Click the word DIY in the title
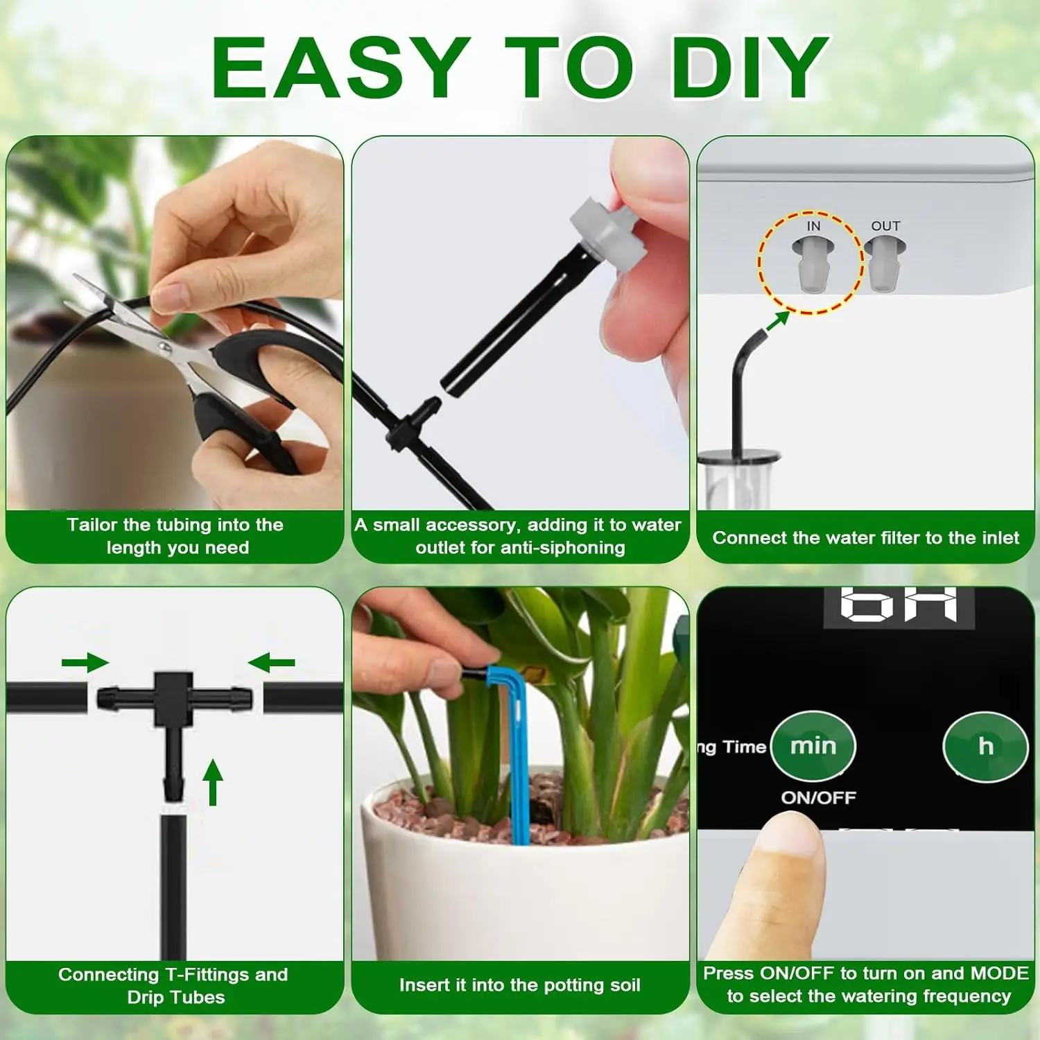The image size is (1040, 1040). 751,67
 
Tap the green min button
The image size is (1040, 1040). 813,746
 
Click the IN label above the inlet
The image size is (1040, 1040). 813,226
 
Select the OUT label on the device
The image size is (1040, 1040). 885,226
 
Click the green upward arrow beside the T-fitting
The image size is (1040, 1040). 213,781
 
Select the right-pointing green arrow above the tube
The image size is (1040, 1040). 85,663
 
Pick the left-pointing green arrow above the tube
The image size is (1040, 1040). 271,663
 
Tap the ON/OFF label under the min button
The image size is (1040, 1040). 818,797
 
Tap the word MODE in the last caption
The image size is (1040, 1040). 999,973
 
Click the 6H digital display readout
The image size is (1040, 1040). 899,604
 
